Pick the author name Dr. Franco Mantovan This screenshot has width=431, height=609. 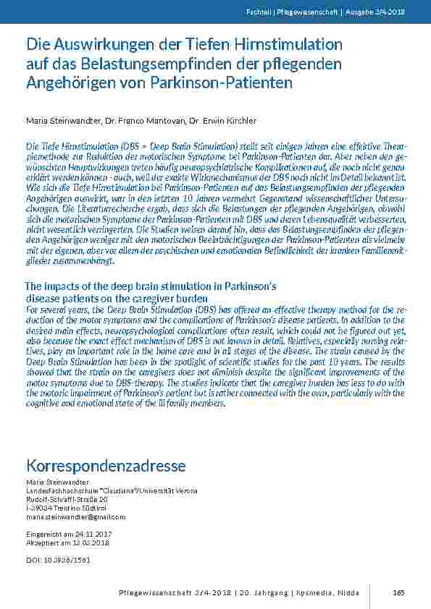pyautogui.click(x=137, y=120)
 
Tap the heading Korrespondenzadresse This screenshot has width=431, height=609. pyautogui.click(x=106, y=464)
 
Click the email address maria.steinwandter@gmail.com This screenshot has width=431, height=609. pyautogui.click(x=75, y=517)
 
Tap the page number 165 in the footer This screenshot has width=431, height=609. pyautogui.click(x=398, y=593)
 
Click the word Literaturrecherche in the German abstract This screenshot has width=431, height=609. pyautogui.click(x=91, y=206)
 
